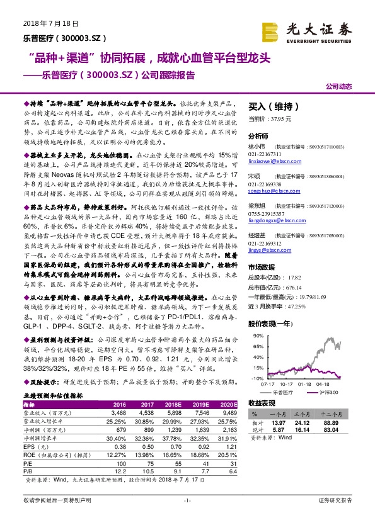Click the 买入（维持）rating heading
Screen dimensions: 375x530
(x=272, y=107)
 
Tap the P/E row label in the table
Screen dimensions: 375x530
(x=28, y=462)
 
